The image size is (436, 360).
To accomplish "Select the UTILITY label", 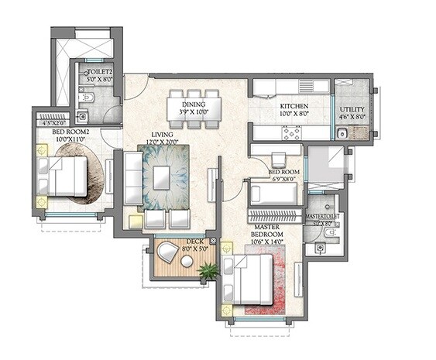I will click(x=352, y=109).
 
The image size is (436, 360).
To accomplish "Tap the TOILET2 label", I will click(x=99, y=70).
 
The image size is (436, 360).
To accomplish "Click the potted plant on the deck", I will click(x=208, y=270).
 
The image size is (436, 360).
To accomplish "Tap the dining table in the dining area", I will click(x=194, y=106).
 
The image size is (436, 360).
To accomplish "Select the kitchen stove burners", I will click(x=293, y=132).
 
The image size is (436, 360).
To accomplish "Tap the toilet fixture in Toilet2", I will click(x=88, y=98).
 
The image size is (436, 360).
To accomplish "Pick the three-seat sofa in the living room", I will click(x=133, y=178).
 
